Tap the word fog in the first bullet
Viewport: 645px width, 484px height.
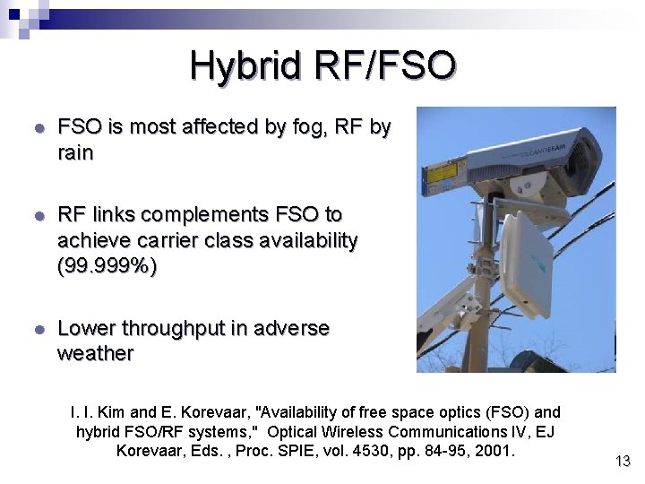tap(307, 127)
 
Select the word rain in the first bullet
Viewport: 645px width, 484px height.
tap(75, 153)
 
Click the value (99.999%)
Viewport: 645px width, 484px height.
tap(107, 266)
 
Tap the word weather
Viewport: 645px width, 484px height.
tap(95, 354)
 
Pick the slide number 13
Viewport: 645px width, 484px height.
tap(623, 462)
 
